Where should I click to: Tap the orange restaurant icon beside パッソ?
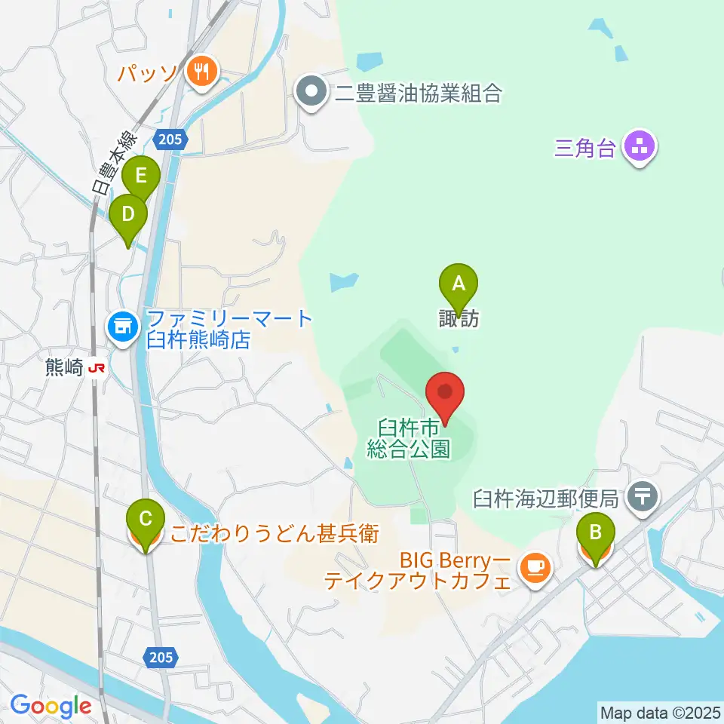(x=200, y=72)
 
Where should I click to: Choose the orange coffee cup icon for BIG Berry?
(x=535, y=566)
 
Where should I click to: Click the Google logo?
(x=51, y=707)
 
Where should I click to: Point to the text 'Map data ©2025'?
(x=659, y=711)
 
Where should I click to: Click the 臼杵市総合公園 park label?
(x=410, y=440)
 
